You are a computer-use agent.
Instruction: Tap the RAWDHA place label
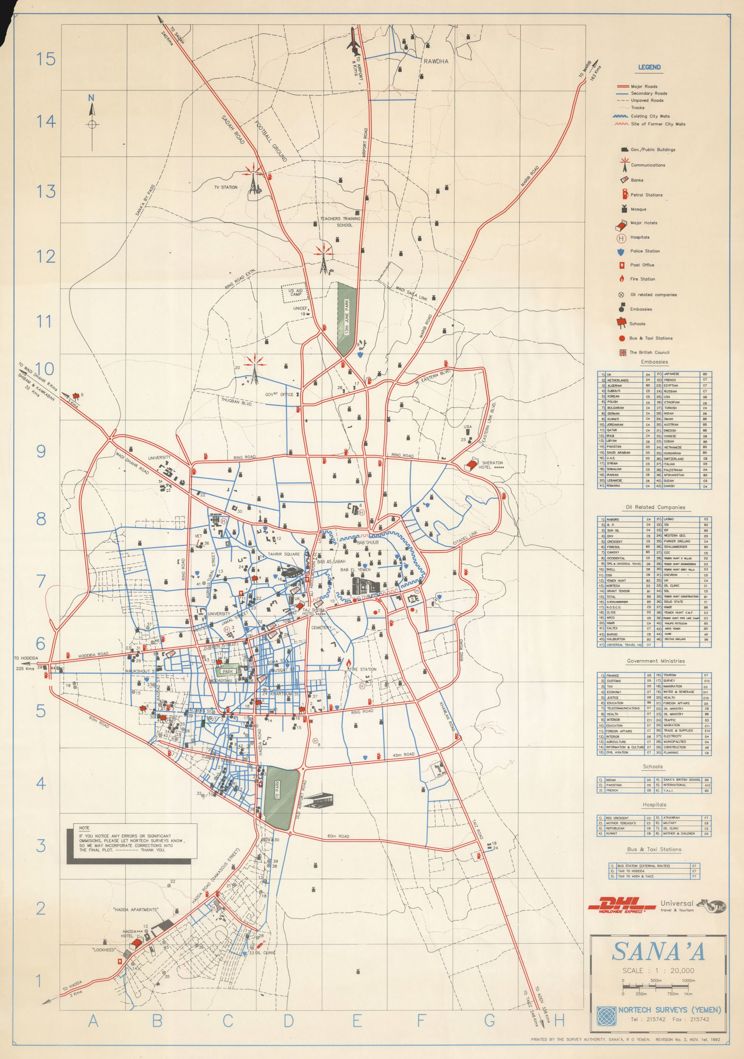coord(436,61)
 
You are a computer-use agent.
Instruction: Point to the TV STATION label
coord(226,187)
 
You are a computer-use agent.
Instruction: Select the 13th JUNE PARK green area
coord(347,318)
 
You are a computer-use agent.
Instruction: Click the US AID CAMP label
coord(296,292)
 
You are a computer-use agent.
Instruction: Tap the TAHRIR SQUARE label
coord(284,554)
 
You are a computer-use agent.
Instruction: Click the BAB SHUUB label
coord(367,542)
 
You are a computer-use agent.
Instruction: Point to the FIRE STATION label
coord(363,669)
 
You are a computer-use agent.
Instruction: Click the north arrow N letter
coord(91,98)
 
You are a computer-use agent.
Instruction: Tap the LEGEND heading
coord(649,67)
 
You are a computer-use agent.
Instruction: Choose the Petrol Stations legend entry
coord(646,195)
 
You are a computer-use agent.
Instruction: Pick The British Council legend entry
coord(649,352)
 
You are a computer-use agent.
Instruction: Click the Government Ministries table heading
coord(656,661)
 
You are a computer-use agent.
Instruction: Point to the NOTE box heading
coord(84,828)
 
